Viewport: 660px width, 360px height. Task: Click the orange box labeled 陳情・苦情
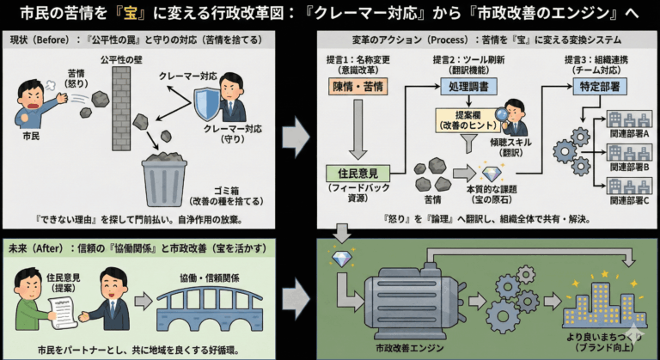point(355,87)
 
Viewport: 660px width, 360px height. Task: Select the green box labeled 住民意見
point(354,174)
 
